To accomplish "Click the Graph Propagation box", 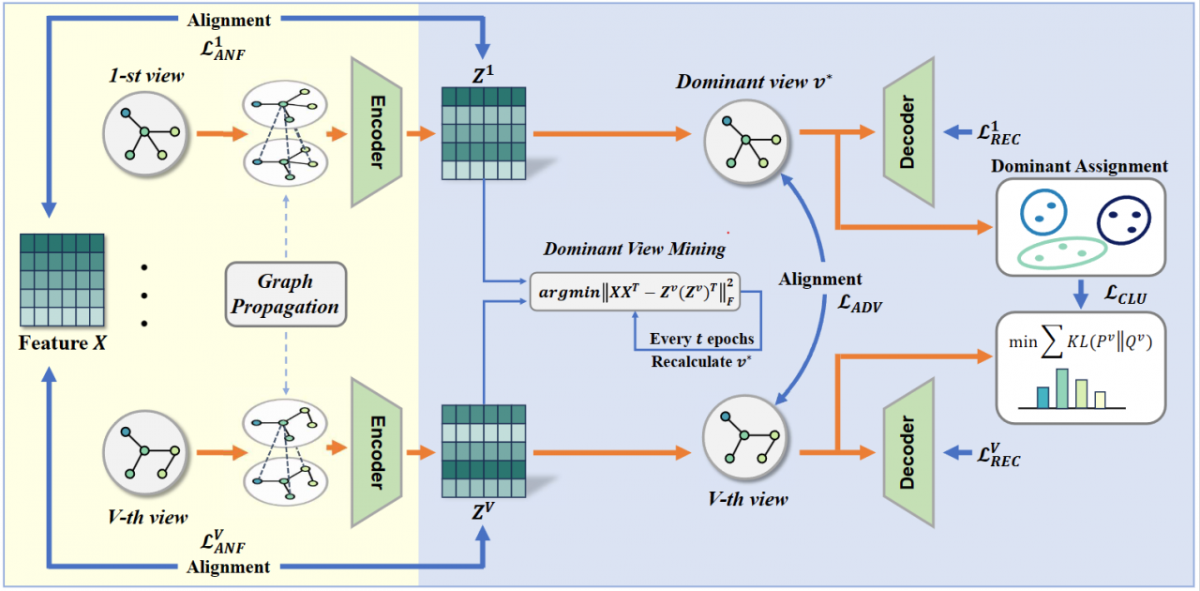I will (x=286, y=294).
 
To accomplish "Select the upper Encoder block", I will (x=375, y=131).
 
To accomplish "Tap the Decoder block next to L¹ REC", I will (x=908, y=131).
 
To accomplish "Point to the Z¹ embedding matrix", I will (x=484, y=132).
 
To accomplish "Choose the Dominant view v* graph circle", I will (x=746, y=139).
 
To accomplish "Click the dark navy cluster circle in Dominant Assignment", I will (x=1125, y=219).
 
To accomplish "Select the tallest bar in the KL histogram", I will (x=1061, y=388).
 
